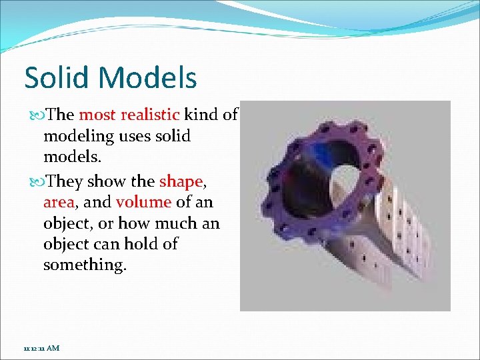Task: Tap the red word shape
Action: (x=180, y=181)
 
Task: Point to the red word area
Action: (x=57, y=202)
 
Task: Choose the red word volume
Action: (x=143, y=202)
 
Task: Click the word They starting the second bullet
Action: (x=65, y=181)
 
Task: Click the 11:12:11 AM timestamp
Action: (x=41, y=348)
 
